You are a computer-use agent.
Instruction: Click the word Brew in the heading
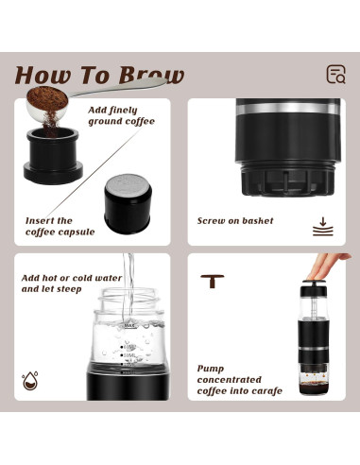147,76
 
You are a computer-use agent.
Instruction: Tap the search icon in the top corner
334,75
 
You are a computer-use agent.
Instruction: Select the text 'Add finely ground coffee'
121,115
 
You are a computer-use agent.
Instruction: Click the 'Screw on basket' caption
235,221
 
